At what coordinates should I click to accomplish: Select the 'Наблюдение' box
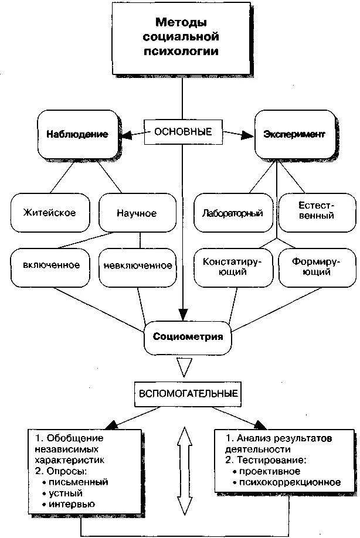(77, 134)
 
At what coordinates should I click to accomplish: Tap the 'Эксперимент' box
(294, 134)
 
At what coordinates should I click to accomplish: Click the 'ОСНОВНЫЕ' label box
(183, 131)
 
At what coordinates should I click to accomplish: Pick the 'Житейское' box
(49, 213)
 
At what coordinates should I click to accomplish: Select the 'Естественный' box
(316, 211)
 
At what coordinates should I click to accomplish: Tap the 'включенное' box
(52, 265)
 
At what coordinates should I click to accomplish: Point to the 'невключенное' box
(137, 265)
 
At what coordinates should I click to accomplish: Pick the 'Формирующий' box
(316, 267)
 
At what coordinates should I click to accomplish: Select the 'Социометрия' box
(188, 336)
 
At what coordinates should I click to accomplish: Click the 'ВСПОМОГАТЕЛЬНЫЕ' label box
(188, 393)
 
